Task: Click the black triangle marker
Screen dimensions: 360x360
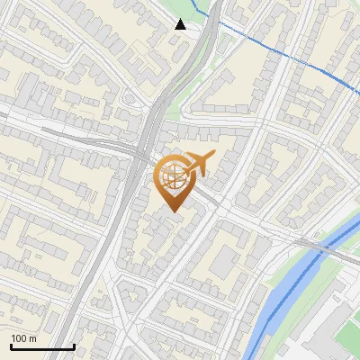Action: [x=181, y=24]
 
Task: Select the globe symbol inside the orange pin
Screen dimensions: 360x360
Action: [x=171, y=177]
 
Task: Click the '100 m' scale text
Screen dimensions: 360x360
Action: [x=23, y=338]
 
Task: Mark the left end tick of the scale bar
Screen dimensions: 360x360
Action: [x=11, y=346]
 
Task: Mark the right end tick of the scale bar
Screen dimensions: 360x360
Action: [x=74, y=346]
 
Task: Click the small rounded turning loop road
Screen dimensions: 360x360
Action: [x=128, y=96]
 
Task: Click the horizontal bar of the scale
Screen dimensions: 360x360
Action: [x=42, y=347]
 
